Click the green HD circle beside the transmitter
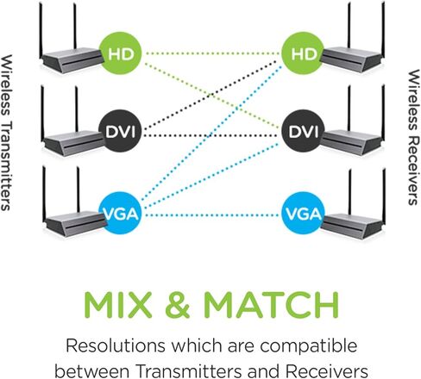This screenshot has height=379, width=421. coord(121,53)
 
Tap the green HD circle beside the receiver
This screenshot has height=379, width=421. coord(303,53)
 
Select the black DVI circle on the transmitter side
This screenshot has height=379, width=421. coord(121,131)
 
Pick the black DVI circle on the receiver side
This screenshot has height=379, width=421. coord(303,131)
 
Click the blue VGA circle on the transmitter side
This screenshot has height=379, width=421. coord(121,214)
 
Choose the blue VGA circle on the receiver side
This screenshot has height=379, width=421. coord(303,214)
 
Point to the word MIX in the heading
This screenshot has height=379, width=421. coord(117,305)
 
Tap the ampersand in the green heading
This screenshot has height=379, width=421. coord(178,305)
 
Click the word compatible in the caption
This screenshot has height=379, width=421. coord(309,346)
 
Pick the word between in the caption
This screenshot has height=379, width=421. coord(92,371)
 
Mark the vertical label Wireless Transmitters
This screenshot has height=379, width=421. coord(6,133)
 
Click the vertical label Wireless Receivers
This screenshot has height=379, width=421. coord(413,137)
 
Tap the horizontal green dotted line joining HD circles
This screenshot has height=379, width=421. coord(212,53)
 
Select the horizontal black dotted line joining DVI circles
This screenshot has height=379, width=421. coord(212,135)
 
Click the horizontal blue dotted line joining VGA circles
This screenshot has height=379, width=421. coord(213,214)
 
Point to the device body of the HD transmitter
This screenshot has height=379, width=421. coord(72,59)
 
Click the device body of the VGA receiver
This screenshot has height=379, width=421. coord(352,227)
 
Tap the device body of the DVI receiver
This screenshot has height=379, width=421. coord(352,142)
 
